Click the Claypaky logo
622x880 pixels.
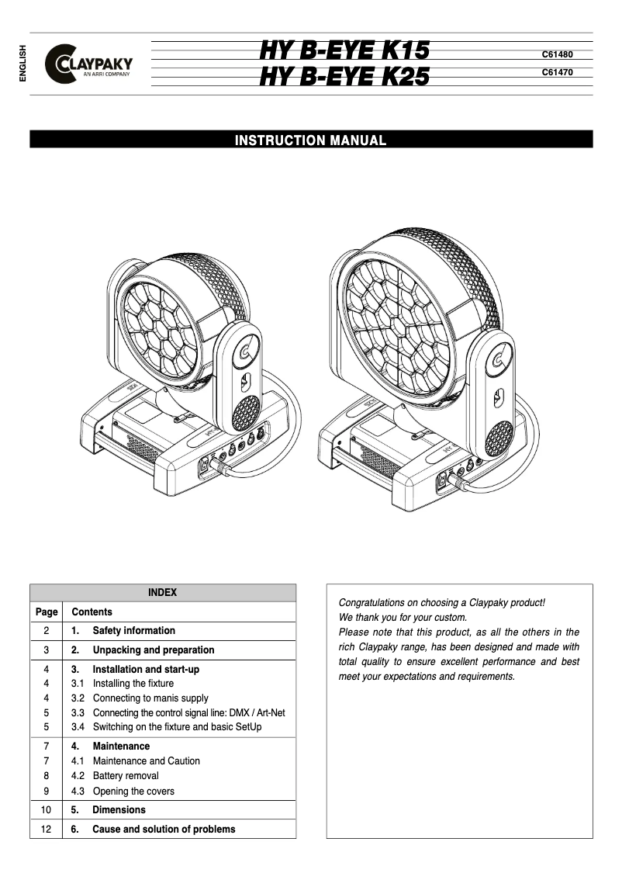pos(89,64)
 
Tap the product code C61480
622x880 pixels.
pos(557,55)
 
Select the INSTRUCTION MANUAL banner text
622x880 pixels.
pos(310,140)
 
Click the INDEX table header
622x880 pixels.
pos(163,592)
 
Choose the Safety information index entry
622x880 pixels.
pos(133,631)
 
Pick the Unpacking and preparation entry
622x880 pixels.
pos(153,650)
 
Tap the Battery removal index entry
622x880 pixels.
pos(125,776)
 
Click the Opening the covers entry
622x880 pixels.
pos(133,792)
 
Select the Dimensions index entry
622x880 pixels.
pos(119,810)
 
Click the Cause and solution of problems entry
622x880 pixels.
pos(163,830)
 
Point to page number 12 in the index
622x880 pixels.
pos(46,830)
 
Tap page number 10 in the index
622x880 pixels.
pos(46,810)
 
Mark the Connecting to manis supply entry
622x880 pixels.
pos(150,698)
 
